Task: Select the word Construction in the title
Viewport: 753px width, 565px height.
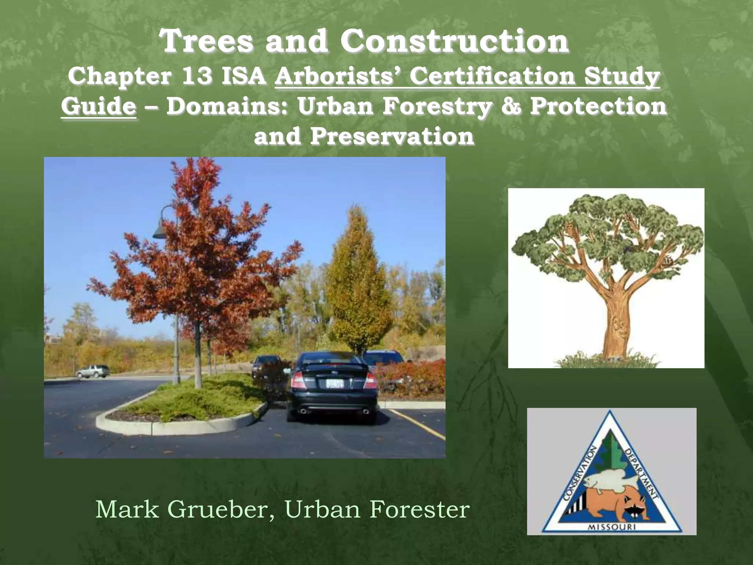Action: (x=454, y=42)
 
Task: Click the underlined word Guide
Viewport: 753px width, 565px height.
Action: (x=99, y=107)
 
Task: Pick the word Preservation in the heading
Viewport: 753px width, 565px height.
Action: (x=392, y=136)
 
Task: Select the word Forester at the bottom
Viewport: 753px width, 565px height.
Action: (x=420, y=509)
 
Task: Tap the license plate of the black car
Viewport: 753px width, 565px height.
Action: (x=335, y=384)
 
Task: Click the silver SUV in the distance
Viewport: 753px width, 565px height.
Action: (x=93, y=371)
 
